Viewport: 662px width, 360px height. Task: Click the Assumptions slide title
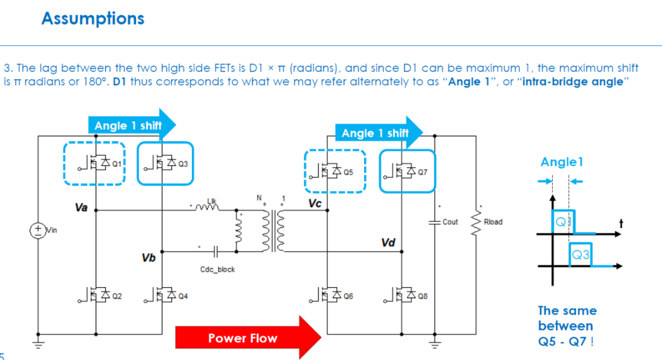pyautogui.click(x=93, y=18)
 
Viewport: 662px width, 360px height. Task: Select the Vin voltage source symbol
pyautogui.click(x=38, y=231)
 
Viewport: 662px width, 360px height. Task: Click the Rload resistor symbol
pyautogui.click(x=476, y=222)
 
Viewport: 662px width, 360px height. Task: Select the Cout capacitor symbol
pyautogui.click(x=435, y=222)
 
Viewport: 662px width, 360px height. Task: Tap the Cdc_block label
pyautogui.click(x=218, y=270)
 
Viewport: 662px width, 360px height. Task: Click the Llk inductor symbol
pyautogui.click(x=207, y=207)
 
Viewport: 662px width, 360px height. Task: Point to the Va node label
pyautogui.click(x=81, y=207)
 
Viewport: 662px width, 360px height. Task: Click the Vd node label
pyautogui.click(x=388, y=242)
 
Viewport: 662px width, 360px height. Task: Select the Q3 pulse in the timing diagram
pyautogui.click(x=580, y=255)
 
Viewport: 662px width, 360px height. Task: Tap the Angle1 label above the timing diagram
pyautogui.click(x=562, y=163)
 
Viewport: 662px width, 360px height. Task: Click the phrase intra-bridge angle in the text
pyautogui.click(x=573, y=82)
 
